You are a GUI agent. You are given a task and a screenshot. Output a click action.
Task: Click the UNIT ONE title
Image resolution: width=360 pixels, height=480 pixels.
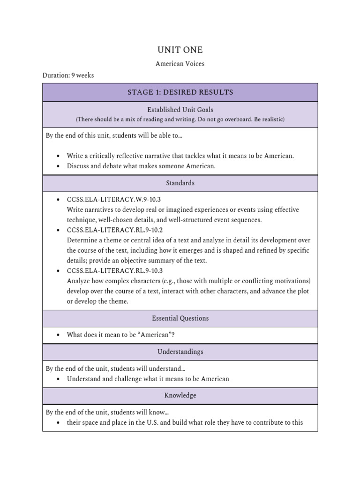[x=180, y=50]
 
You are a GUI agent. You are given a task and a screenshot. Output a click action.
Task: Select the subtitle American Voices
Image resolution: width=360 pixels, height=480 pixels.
[x=180, y=64]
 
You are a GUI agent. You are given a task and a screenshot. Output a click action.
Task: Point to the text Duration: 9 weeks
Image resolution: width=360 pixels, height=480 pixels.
[x=68, y=75]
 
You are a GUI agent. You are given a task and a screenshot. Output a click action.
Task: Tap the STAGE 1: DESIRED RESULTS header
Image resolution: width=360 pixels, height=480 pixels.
[x=180, y=92]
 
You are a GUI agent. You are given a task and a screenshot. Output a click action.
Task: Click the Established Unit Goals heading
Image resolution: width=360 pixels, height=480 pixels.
[x=180, y=110]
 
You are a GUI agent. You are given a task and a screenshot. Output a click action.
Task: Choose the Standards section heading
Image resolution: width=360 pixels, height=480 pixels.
[x=180, y=183]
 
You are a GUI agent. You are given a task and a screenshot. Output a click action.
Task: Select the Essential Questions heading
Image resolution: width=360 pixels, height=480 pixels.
[x=180, y=318]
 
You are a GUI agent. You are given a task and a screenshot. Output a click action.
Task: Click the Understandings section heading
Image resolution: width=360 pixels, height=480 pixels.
[x=180, y=352]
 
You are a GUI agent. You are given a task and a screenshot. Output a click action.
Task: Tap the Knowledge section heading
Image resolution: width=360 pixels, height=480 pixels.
[x=180, y=396]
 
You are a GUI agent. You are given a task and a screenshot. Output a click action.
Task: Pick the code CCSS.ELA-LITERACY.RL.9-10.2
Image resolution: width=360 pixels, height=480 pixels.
[x=115, y=230]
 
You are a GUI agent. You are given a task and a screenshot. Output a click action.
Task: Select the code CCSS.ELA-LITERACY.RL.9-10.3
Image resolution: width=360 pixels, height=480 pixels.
[x=115, y=271]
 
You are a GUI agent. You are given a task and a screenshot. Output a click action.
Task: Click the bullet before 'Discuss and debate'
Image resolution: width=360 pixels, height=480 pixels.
[x=58, y=166]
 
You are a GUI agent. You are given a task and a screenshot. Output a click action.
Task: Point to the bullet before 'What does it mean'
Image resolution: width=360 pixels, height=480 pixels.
[x=58, y=335]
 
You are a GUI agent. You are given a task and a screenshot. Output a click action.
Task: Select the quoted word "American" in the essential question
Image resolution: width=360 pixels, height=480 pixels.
[x=158, y=335]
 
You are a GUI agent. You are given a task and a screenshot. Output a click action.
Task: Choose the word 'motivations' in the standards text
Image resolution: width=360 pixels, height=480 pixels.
[x=292, y=281]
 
